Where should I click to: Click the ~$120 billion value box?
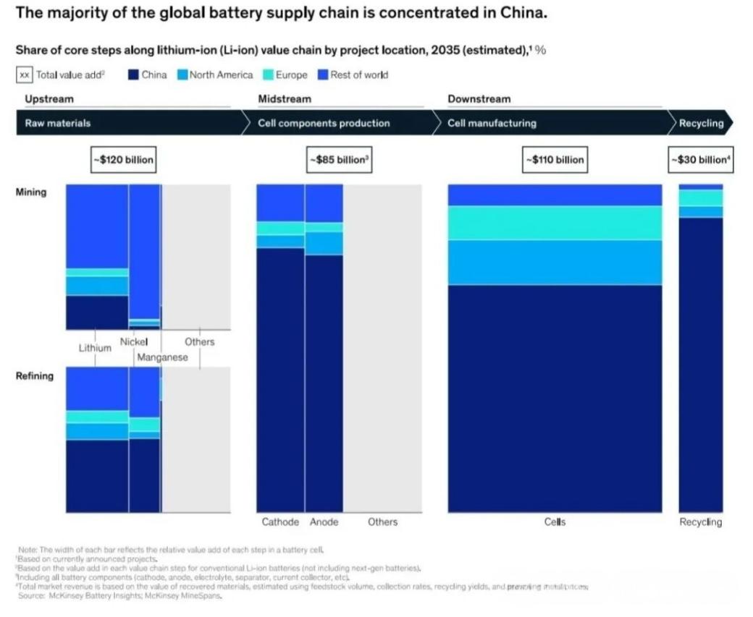pos(123,160)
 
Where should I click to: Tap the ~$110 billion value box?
pos(555,160)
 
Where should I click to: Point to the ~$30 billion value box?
pos(701,160)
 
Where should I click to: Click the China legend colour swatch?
pos(133,75)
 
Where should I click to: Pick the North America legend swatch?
pos(182,75)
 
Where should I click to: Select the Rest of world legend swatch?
pos(324,75)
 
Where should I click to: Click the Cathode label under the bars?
pos(280,522)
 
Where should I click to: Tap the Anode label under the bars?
pos(324,522)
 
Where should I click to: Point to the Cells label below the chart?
pos(555,522)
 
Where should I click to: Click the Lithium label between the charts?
pos(95,348)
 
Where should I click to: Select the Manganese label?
pos(162,357)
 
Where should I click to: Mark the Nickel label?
pos(134,341)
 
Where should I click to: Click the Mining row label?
pos(31,192)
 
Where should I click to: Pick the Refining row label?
pos(35,375)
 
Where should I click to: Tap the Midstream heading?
pos(285,98)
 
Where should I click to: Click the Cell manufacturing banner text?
pos(492,123)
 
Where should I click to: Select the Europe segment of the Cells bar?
pos(555,223)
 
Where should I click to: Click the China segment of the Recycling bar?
pos(700,362)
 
